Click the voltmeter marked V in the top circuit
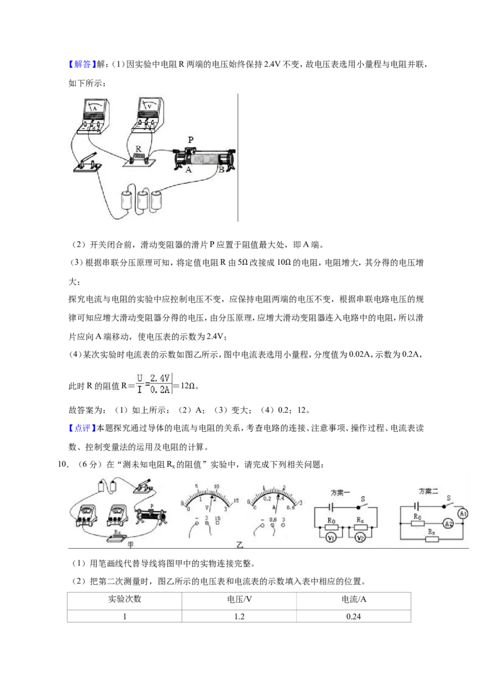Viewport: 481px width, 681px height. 148,114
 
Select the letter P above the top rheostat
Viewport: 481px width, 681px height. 191,140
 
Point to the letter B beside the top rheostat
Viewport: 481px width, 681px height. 221,170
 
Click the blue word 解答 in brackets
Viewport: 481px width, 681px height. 82,64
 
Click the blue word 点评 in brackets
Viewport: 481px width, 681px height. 82,428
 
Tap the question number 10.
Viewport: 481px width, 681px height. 63,464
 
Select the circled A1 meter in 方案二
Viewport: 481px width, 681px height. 463,514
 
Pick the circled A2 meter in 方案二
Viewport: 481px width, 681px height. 448,524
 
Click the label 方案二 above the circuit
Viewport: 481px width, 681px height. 428,491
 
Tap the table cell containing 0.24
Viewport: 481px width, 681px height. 354,616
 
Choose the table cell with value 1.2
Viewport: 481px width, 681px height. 239,616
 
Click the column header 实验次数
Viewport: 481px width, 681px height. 124,599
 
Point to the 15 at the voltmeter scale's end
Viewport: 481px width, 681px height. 236,501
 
